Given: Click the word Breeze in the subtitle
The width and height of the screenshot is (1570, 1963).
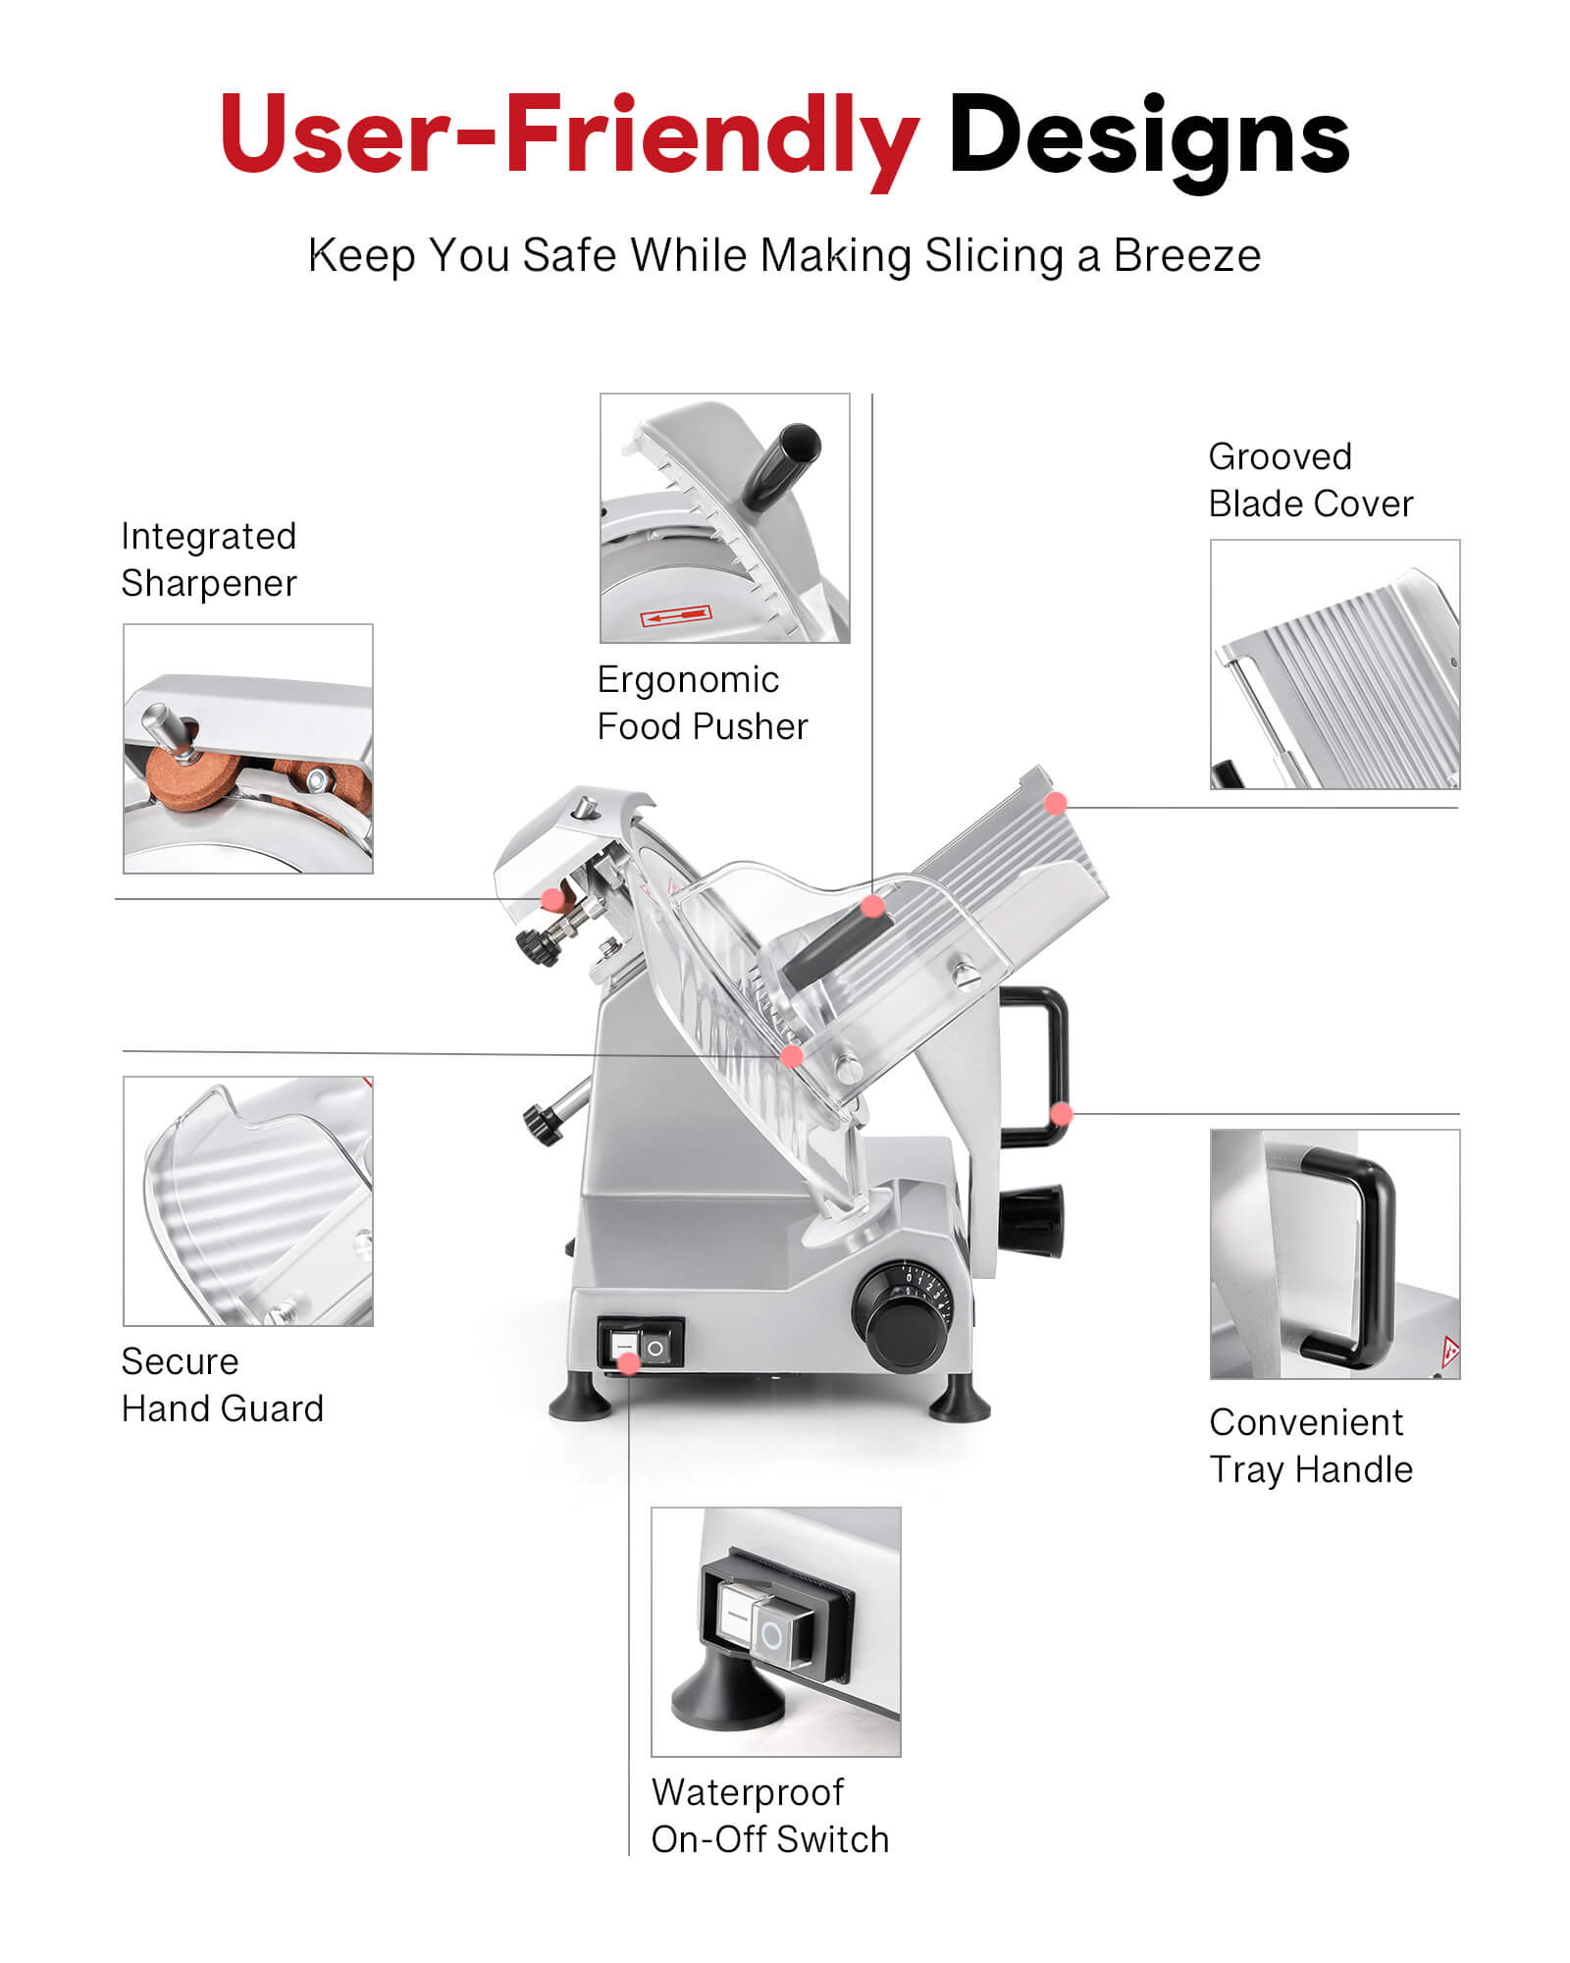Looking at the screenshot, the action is pyautogui.click(x=1187, y=256).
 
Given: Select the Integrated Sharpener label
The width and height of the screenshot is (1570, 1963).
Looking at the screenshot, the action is pyautogui.click(x=208, y=559).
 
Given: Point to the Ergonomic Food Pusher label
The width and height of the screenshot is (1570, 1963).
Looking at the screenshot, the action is pyautogui.click(x=703, y=703).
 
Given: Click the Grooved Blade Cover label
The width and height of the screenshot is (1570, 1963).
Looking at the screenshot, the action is pyautogui.click(x=1311, y=480).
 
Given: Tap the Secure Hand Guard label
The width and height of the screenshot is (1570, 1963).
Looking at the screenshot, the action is pyautogui.click(x=222, y=1385).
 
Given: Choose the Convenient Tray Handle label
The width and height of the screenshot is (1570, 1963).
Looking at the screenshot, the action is pyautogui.click(x=1311, y=1446).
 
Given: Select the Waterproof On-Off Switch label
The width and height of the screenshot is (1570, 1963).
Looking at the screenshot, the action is pyautogui.click(x=770, y=1816).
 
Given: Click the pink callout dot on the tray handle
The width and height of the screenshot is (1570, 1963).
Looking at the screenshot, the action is pyautogui.click(x=1061, y=1114).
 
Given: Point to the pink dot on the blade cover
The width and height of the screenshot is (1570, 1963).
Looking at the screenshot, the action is pyautogui.click(x=1056, y=804).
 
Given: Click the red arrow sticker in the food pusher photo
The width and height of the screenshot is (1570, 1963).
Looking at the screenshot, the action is pyautogui.click(x=675, y=616).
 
